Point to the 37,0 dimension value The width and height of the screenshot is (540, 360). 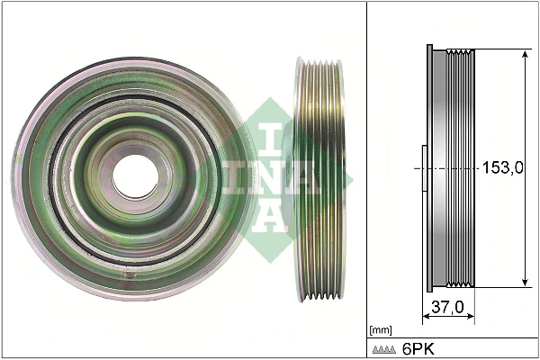447,308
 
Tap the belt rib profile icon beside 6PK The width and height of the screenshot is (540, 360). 384,348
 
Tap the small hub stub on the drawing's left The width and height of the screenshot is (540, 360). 423,168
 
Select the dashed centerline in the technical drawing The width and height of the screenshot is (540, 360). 450,168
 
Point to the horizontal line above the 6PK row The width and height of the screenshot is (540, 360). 450,337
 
